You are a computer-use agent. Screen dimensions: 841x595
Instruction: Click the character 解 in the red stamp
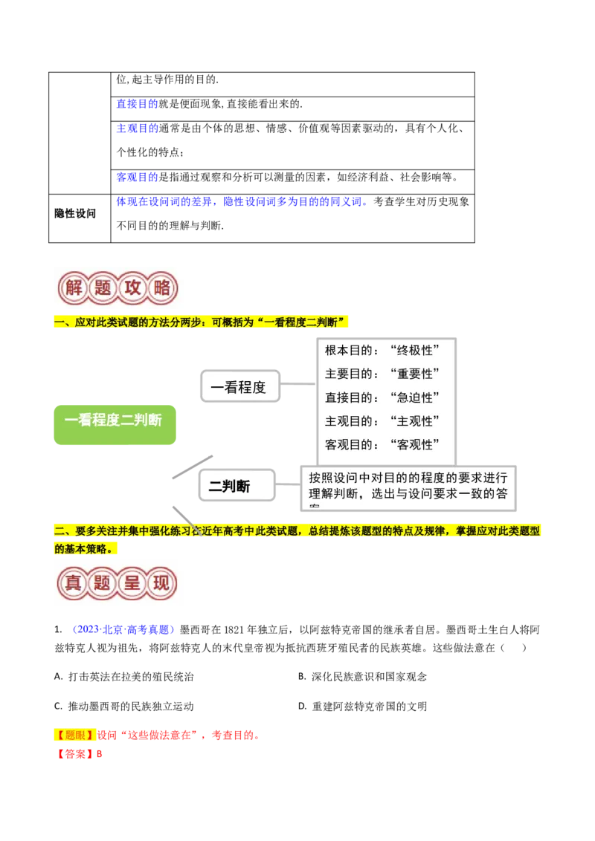pos(74,288)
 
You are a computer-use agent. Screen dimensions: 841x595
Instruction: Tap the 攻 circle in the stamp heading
pos(132,288)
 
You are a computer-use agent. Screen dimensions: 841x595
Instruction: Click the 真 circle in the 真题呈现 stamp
pos(74,582)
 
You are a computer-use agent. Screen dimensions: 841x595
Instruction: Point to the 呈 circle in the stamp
pos(132,582)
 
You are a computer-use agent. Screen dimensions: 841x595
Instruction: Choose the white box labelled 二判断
pos(237,487)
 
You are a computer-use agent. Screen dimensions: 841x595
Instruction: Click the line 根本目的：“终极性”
pos(379,350)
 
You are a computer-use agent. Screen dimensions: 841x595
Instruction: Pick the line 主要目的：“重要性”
pos(379,374)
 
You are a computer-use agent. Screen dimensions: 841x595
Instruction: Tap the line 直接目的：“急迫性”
pos(379,397)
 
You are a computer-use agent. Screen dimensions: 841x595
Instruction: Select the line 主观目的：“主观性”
pos(379,421)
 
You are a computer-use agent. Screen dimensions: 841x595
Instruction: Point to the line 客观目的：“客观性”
pos(379,445)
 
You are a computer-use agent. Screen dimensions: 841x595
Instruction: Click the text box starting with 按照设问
pos(408,487)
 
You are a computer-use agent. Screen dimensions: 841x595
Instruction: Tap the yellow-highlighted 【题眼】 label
pos(75,736)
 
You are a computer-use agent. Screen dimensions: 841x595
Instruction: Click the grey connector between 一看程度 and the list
pos(300,384)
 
